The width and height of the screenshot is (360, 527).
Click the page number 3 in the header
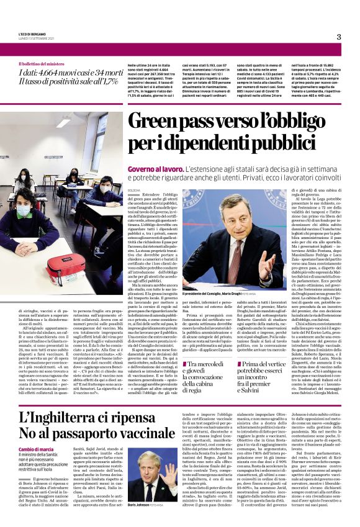click(339, 37)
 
